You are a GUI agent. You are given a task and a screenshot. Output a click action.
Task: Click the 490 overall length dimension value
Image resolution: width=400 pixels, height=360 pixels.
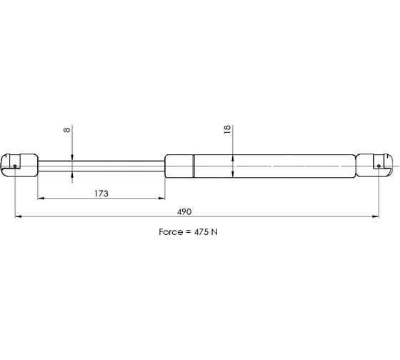pyautogui.click(x=184, y=211)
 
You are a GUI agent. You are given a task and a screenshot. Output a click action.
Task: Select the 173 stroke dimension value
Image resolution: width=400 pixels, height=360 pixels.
pyautogui.click(x=101, y=194)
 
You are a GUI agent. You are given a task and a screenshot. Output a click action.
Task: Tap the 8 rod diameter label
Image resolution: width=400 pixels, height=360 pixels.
pyautogui.click(x=66, y=130)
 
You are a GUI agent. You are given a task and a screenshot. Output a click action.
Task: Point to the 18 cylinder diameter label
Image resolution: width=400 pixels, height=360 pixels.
pyautogui.click(x=227, y=129)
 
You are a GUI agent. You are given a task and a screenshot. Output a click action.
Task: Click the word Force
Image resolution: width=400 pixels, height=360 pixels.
pyautogui.click(x=170, y=232)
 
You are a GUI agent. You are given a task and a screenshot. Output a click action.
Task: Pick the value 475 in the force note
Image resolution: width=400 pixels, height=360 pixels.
pyautogui.click(x=201, y=232)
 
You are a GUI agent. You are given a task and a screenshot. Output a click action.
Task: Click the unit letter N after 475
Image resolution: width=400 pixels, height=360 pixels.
pyautogui.click(x=214, y=232)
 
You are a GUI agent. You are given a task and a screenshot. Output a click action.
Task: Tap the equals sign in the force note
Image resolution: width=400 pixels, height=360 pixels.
pyautogui.click(x=188, y=232)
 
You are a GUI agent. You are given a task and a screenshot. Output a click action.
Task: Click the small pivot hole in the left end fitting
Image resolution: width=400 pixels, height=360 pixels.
pyautogui.click(x=15, y=166)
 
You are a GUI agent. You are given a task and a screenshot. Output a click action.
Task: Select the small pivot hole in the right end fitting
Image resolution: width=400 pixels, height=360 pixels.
pyautogui.click(x=379, y=166)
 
